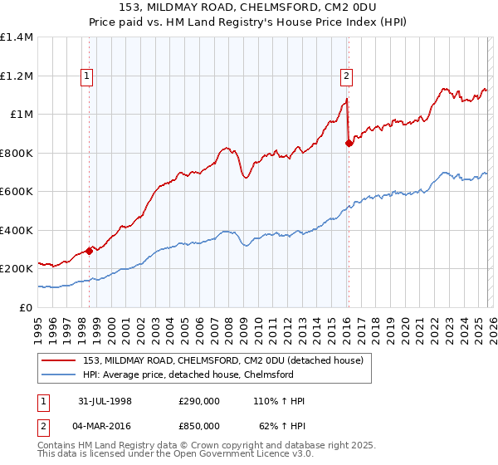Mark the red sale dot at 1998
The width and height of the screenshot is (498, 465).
pos(89,252)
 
